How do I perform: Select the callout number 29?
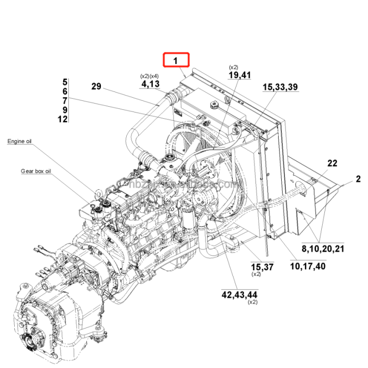click(x=96, y=87)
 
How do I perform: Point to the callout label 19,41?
click(x=239, y=75)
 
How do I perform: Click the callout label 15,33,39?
click(x=280, y=87)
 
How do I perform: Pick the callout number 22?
click(x=332, y=163)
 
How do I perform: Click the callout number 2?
click(x=358, y=179)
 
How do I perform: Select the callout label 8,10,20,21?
click(x=322, y=249)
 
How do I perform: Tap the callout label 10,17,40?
click(x=308, y=267)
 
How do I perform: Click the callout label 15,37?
click(x=262, y=267)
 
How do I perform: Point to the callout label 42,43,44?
click(x=239, y=294)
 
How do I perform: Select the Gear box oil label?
click(x=36, y=171)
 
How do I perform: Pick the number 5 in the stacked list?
click(x=65, y=82)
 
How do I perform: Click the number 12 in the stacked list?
click(x=63, y=119)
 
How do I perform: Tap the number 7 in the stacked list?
click(x=65, y=100)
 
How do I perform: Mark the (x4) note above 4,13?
click(x=155, y=76)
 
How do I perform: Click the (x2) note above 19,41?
click(x=233, y=67)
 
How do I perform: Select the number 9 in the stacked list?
click(x=65, y=110)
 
